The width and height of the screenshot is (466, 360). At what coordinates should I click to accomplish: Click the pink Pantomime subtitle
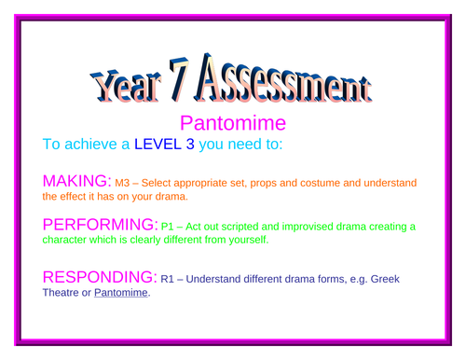click(232, 124)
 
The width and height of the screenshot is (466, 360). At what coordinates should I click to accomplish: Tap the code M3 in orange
click(124, 183)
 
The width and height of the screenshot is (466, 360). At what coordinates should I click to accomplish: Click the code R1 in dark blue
click(173, 278)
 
